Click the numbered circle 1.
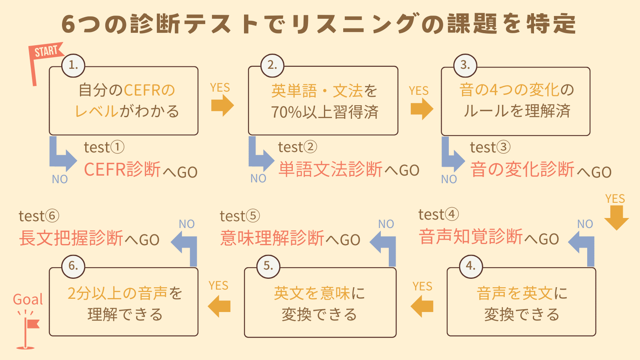[73, 65]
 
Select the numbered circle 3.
[465, 65]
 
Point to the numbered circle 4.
[471, 266]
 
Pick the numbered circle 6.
[73, 266]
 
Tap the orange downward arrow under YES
[616, 218]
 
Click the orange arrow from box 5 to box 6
[219, 306]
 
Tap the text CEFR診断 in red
[122, 170]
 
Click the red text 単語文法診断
[330, 170]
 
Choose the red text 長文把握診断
[71, 238]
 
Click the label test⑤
[240, 216]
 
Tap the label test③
[490, 147]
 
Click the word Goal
[28, 299]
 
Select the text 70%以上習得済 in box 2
[324, 112]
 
